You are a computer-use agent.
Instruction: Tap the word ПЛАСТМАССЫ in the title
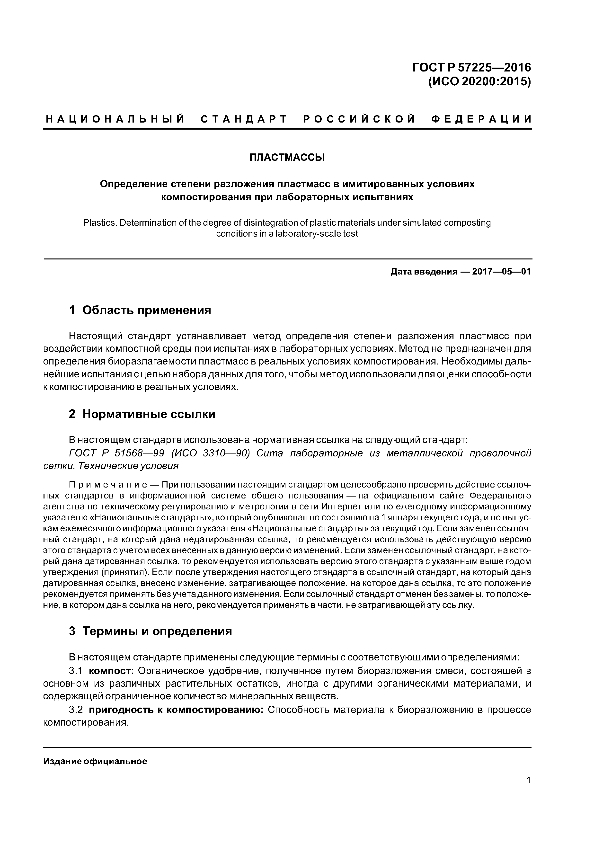pyautogui.click(x=287, y=158)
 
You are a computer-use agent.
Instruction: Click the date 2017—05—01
pyautogui.click(x=502, y=272)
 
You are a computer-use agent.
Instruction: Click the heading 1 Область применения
pyautogui.click(x=140, y=310)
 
